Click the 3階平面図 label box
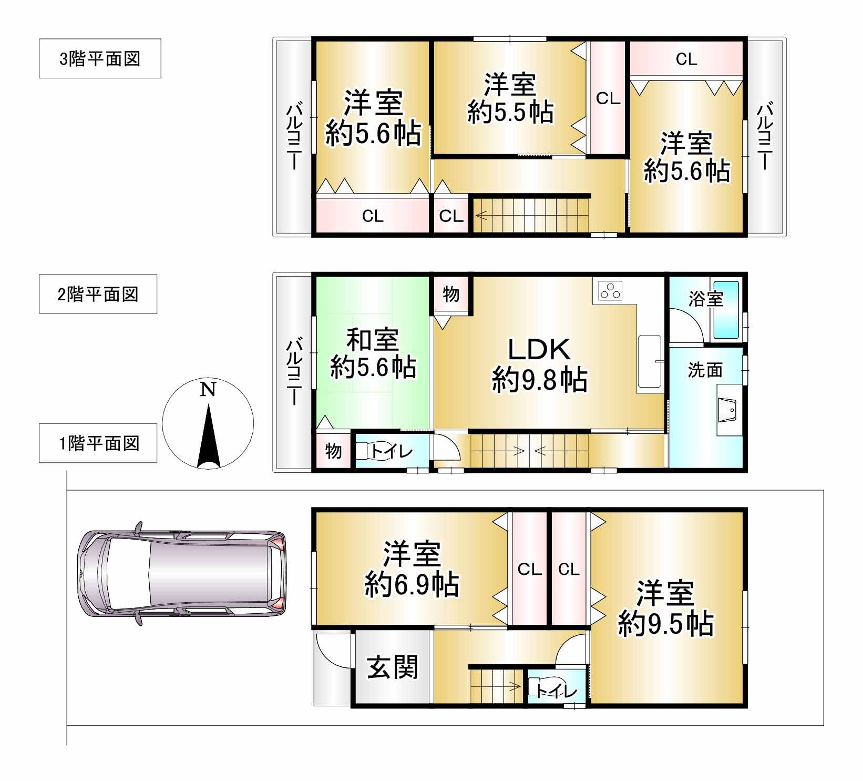coord(100,58)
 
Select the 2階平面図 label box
coord(98,294)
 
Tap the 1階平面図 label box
coord(98,443)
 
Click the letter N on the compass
coord(208,389)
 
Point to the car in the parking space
coord(182,574)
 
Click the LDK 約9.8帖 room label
coord(540,365)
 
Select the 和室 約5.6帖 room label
coord(373,354)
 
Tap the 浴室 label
coord(706,299)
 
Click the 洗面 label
coord(705,370)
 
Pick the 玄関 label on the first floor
coord(392,667)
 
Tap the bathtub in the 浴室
coord(726,310)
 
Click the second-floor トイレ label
coord(392,451)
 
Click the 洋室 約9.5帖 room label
coord(665,608)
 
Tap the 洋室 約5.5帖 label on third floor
coord(510,98)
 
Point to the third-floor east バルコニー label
coord(764,136)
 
